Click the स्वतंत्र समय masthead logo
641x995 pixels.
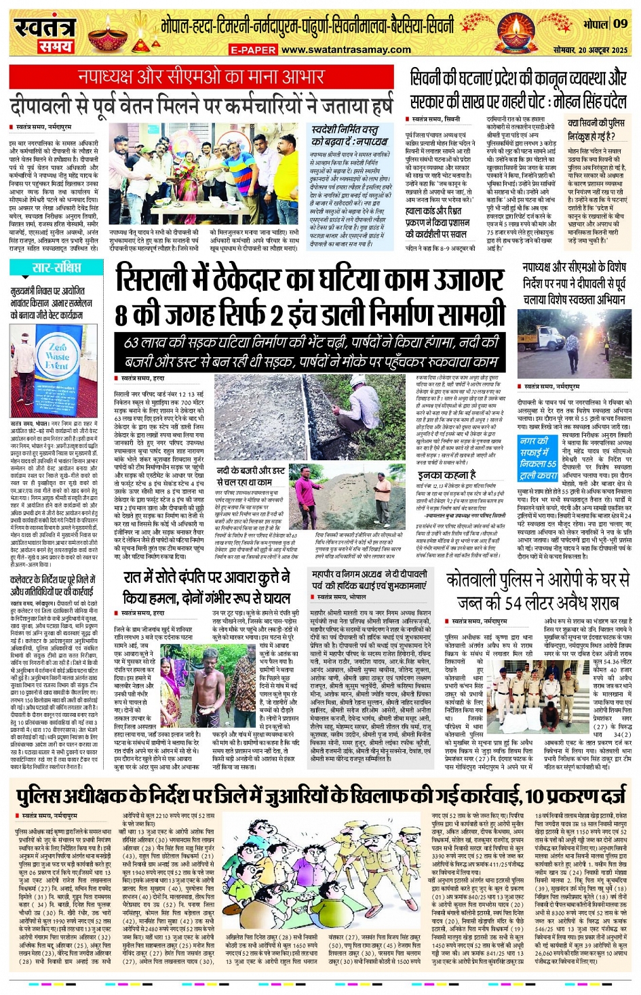[45, 33]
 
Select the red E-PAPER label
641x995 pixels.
[253, 50]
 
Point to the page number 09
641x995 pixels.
[621, 24]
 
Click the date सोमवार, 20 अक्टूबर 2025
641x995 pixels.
[590, 50]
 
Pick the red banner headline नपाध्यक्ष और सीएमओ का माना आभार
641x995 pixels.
[201, 77]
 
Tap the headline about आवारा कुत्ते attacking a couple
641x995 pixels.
[206, 588]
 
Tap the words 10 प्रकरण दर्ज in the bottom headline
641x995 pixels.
[577, 795]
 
